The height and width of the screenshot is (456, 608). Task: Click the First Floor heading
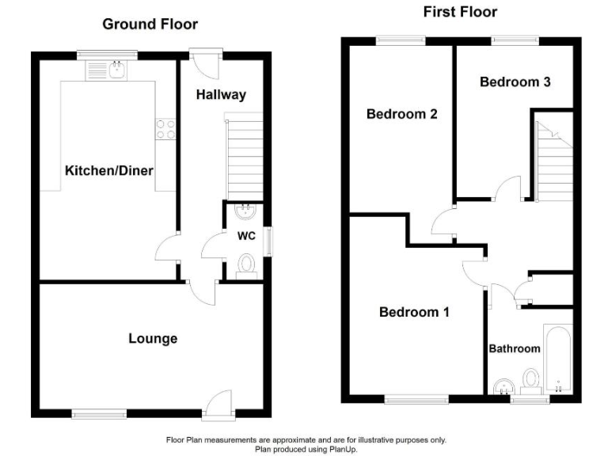tap(459, 11)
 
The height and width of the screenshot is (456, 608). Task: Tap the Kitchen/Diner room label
tap(108, 171)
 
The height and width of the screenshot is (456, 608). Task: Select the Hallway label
tap(222, 95)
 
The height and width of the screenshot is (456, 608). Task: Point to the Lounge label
tap(153, 339)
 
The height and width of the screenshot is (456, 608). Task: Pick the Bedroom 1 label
tap(414, 312)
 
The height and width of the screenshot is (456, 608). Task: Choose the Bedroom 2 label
tap(402, 114)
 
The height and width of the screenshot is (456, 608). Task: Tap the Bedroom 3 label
tap(515, 81)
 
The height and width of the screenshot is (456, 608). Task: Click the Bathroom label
tap(514, 348)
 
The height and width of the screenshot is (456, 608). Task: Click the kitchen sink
tap(117, 70)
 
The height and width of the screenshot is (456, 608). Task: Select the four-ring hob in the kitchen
tap(165, 129)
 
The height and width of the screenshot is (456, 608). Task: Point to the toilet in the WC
tap(246, 264)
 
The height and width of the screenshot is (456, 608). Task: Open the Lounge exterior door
tap(215, 405)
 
